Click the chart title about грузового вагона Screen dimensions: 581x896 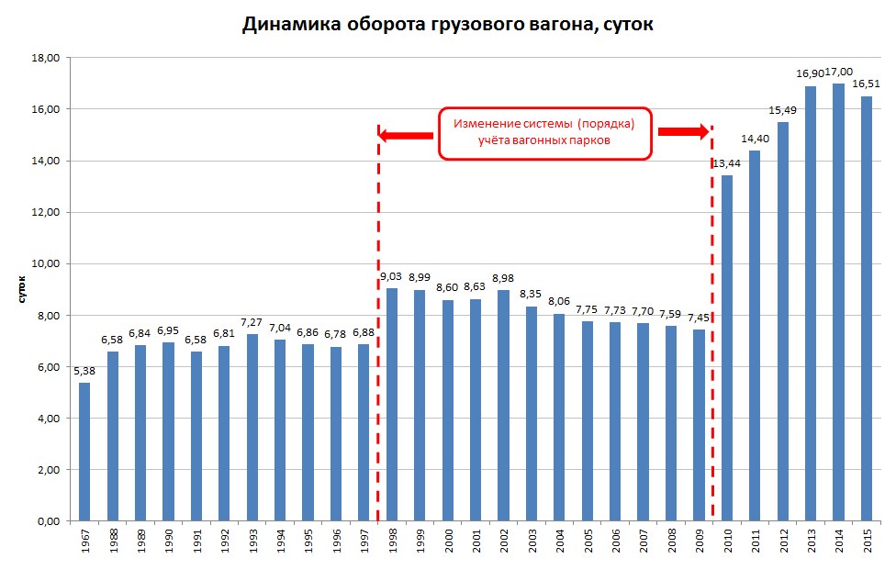pos(447,25)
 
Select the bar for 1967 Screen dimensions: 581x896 pos(84,452)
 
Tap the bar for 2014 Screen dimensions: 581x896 pos(838,302)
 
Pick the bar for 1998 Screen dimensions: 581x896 pos(392,405)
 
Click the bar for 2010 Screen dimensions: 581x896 pos(726,348)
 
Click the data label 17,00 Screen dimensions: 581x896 pos(839,72)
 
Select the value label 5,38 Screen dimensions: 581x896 pos(84,371)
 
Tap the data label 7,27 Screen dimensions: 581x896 pos(252,322)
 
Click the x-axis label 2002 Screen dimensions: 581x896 pos(503,542)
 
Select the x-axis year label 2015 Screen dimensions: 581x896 pos(866,542)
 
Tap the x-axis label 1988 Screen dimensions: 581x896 pos(113,542)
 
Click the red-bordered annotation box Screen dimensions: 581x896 pos(544,134)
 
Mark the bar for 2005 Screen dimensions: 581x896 pos(588,421)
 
